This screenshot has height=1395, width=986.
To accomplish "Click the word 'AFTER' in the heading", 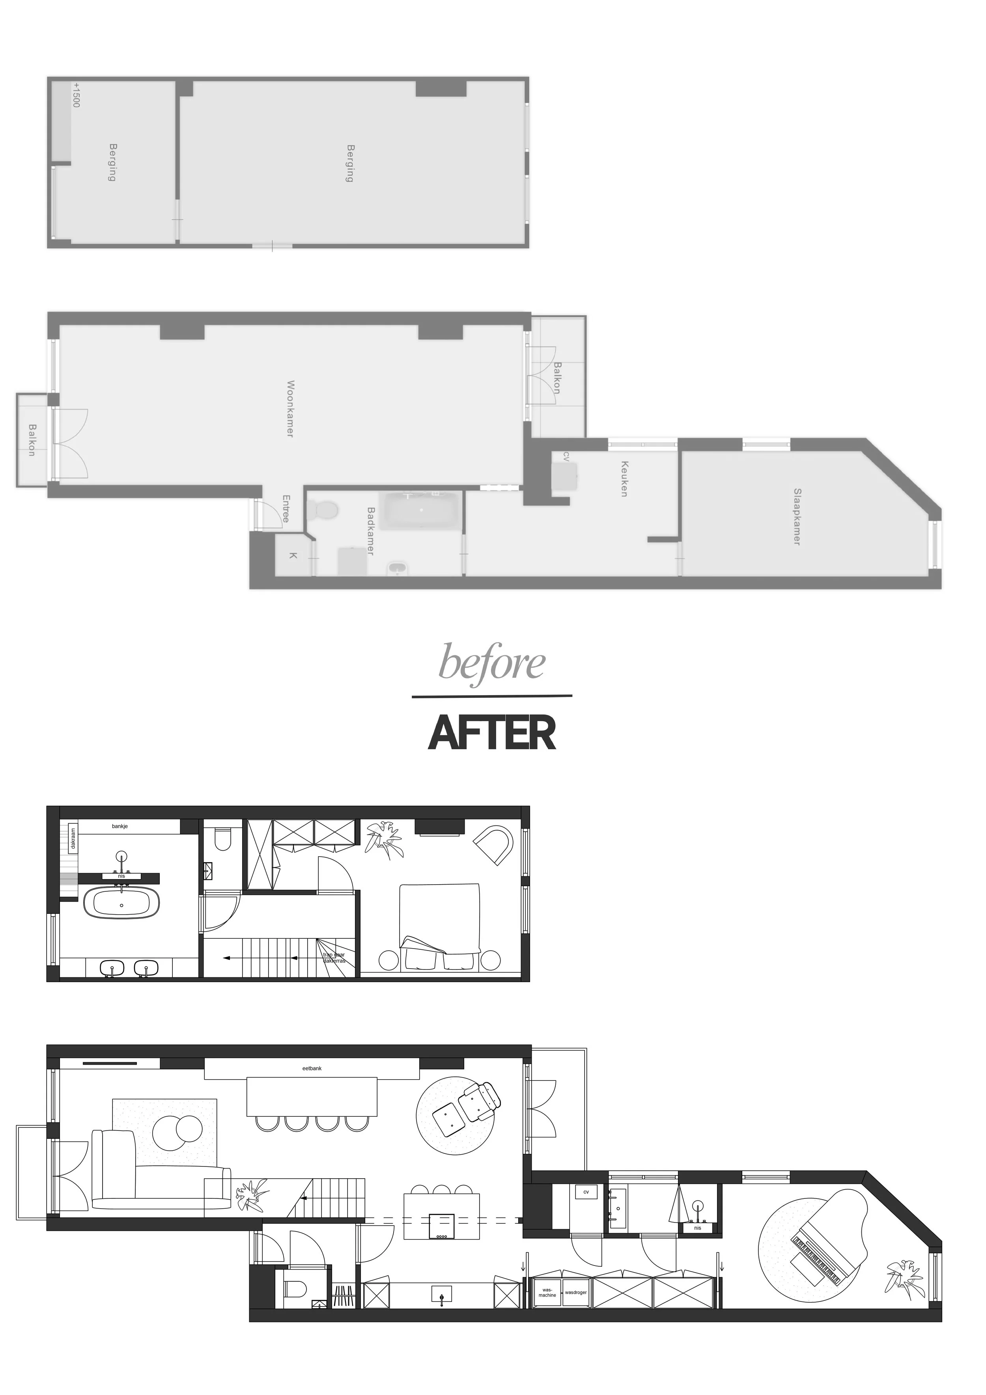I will tap(492, 733).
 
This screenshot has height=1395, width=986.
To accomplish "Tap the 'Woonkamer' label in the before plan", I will tap(290, 409).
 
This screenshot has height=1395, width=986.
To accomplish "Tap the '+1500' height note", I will tap(76, 96).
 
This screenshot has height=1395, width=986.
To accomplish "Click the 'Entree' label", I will tap(286, 508).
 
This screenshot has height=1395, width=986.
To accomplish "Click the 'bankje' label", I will tap(120, 826).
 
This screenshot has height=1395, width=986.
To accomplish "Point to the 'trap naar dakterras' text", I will tap(334, 958).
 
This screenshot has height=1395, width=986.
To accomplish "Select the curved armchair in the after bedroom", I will tap(495, 843).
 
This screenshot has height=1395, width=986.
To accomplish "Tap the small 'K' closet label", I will tap(293, 555).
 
